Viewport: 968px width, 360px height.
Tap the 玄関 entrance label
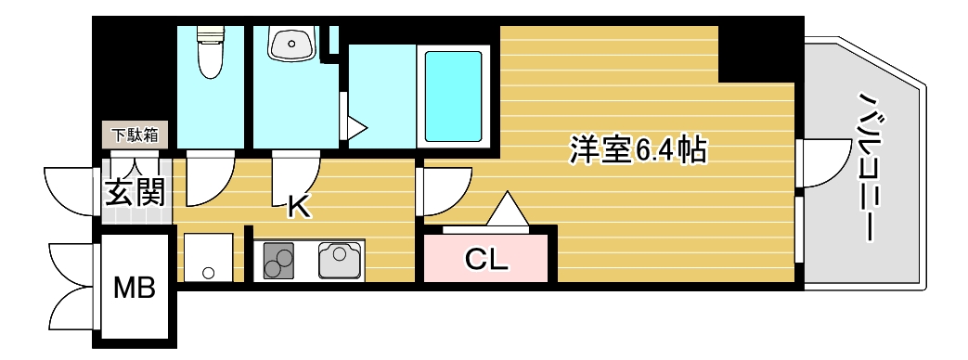point(135,193)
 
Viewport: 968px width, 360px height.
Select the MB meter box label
point(134,289)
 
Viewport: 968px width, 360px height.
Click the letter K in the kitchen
point(297,206)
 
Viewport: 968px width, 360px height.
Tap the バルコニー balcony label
point(868,166)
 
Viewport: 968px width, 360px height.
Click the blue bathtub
point(454,95)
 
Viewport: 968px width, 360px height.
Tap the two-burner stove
point(277,260)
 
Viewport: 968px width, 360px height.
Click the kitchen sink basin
point(341,260)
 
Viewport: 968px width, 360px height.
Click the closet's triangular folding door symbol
point(507,211)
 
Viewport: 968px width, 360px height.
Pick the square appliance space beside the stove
point(208,257)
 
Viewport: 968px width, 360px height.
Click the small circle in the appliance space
point(209,273)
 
